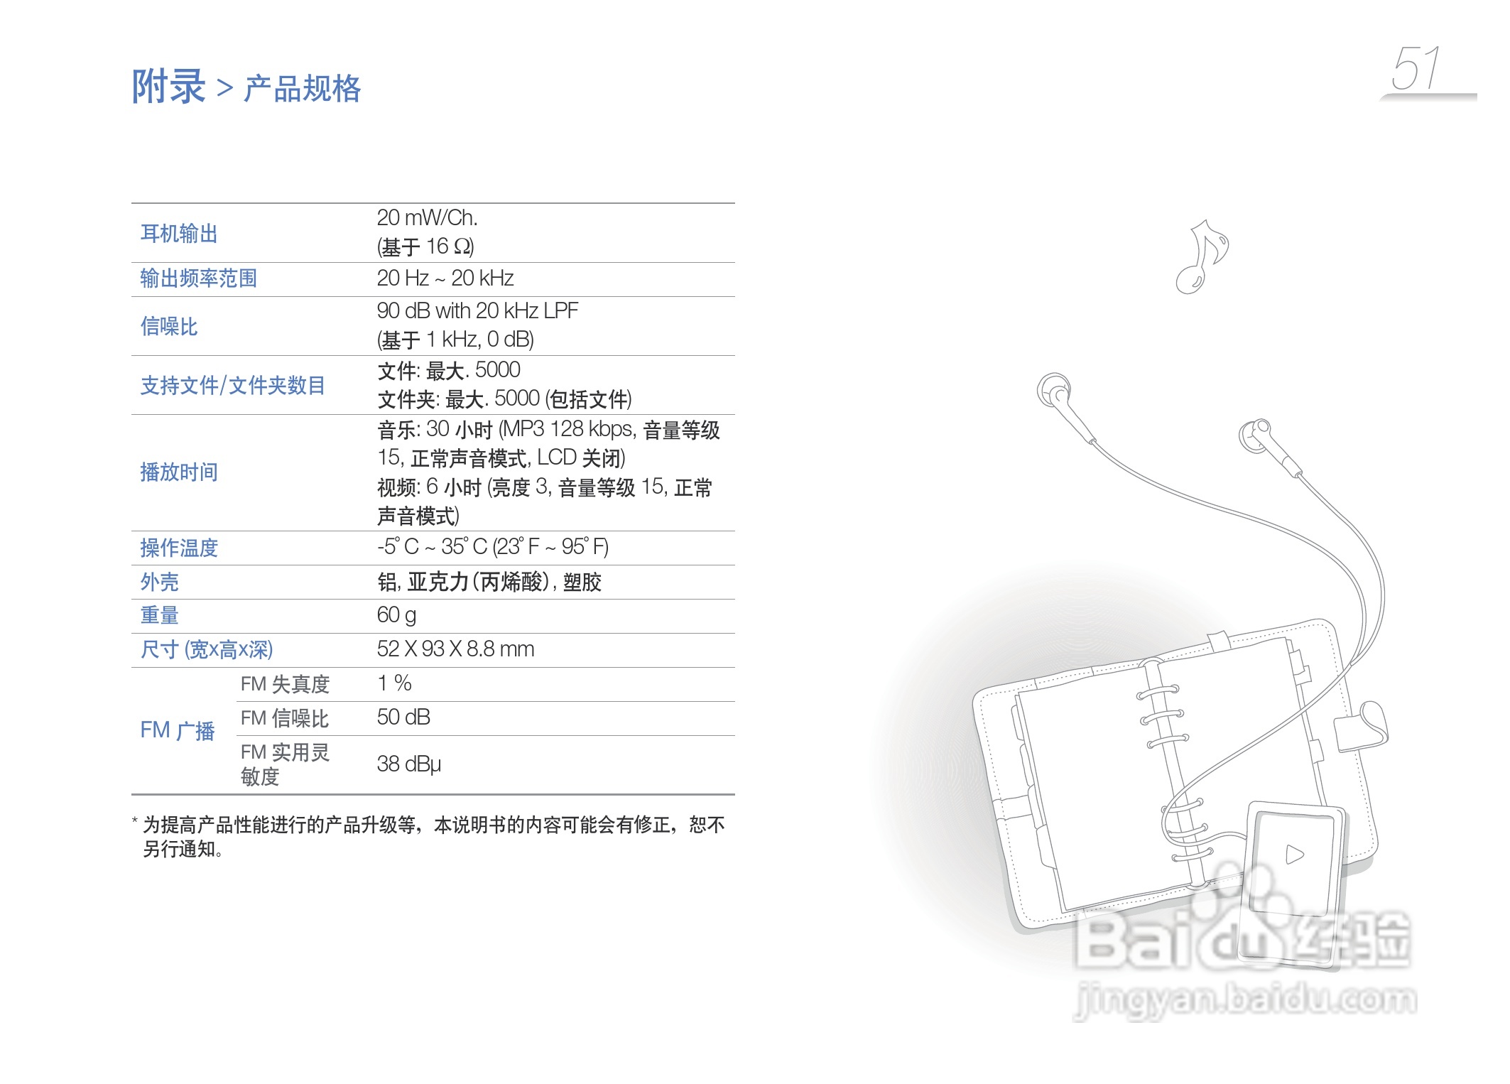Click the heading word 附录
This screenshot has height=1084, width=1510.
[168, 87]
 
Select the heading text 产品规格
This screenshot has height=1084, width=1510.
[303, 90]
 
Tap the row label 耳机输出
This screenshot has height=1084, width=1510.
[179, 234]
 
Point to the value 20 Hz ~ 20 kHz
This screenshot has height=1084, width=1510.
[445, 278]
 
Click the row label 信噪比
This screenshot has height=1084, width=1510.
[169, 327]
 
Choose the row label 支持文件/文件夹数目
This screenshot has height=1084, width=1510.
[232, 386]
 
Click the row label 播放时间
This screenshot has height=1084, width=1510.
[179, 472]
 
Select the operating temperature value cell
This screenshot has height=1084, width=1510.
[492, 547]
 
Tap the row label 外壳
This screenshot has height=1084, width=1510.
[159, 582]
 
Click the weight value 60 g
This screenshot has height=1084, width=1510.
[396, 615]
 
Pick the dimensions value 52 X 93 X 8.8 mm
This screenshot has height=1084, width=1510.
[455, 649]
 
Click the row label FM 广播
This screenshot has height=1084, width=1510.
[177, 731]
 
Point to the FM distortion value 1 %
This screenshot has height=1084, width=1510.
[394, 683]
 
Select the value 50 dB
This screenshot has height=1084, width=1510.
[403, 717]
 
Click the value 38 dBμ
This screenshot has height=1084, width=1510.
[408, 764]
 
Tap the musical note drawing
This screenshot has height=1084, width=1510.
[1202, 256]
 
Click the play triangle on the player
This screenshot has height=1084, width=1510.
[1294, 854]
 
